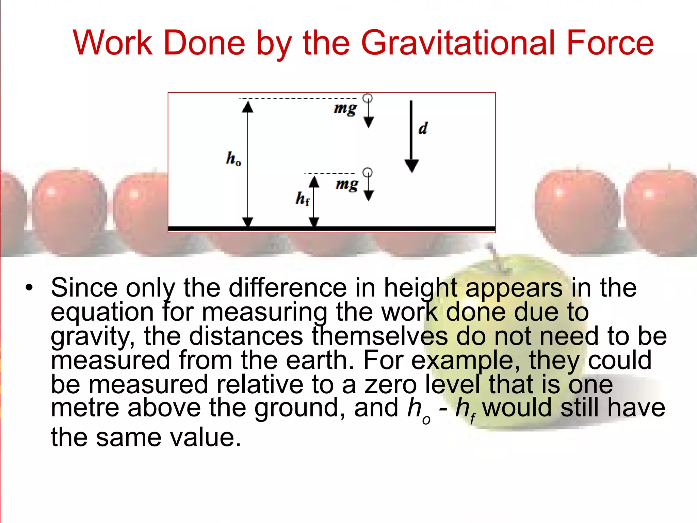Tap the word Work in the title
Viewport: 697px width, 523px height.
coord(113,43)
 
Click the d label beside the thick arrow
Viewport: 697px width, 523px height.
coord(423,128)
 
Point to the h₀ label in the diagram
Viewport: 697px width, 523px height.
coord(233,159)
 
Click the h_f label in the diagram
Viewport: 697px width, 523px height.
coord(303,199)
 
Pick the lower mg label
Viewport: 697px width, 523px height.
coord(347,185)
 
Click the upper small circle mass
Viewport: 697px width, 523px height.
coord(368,98)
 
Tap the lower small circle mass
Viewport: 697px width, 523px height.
coord(368,172)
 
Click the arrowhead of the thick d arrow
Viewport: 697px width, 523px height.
coord(411,166)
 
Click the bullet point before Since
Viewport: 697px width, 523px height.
coord(30,288)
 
